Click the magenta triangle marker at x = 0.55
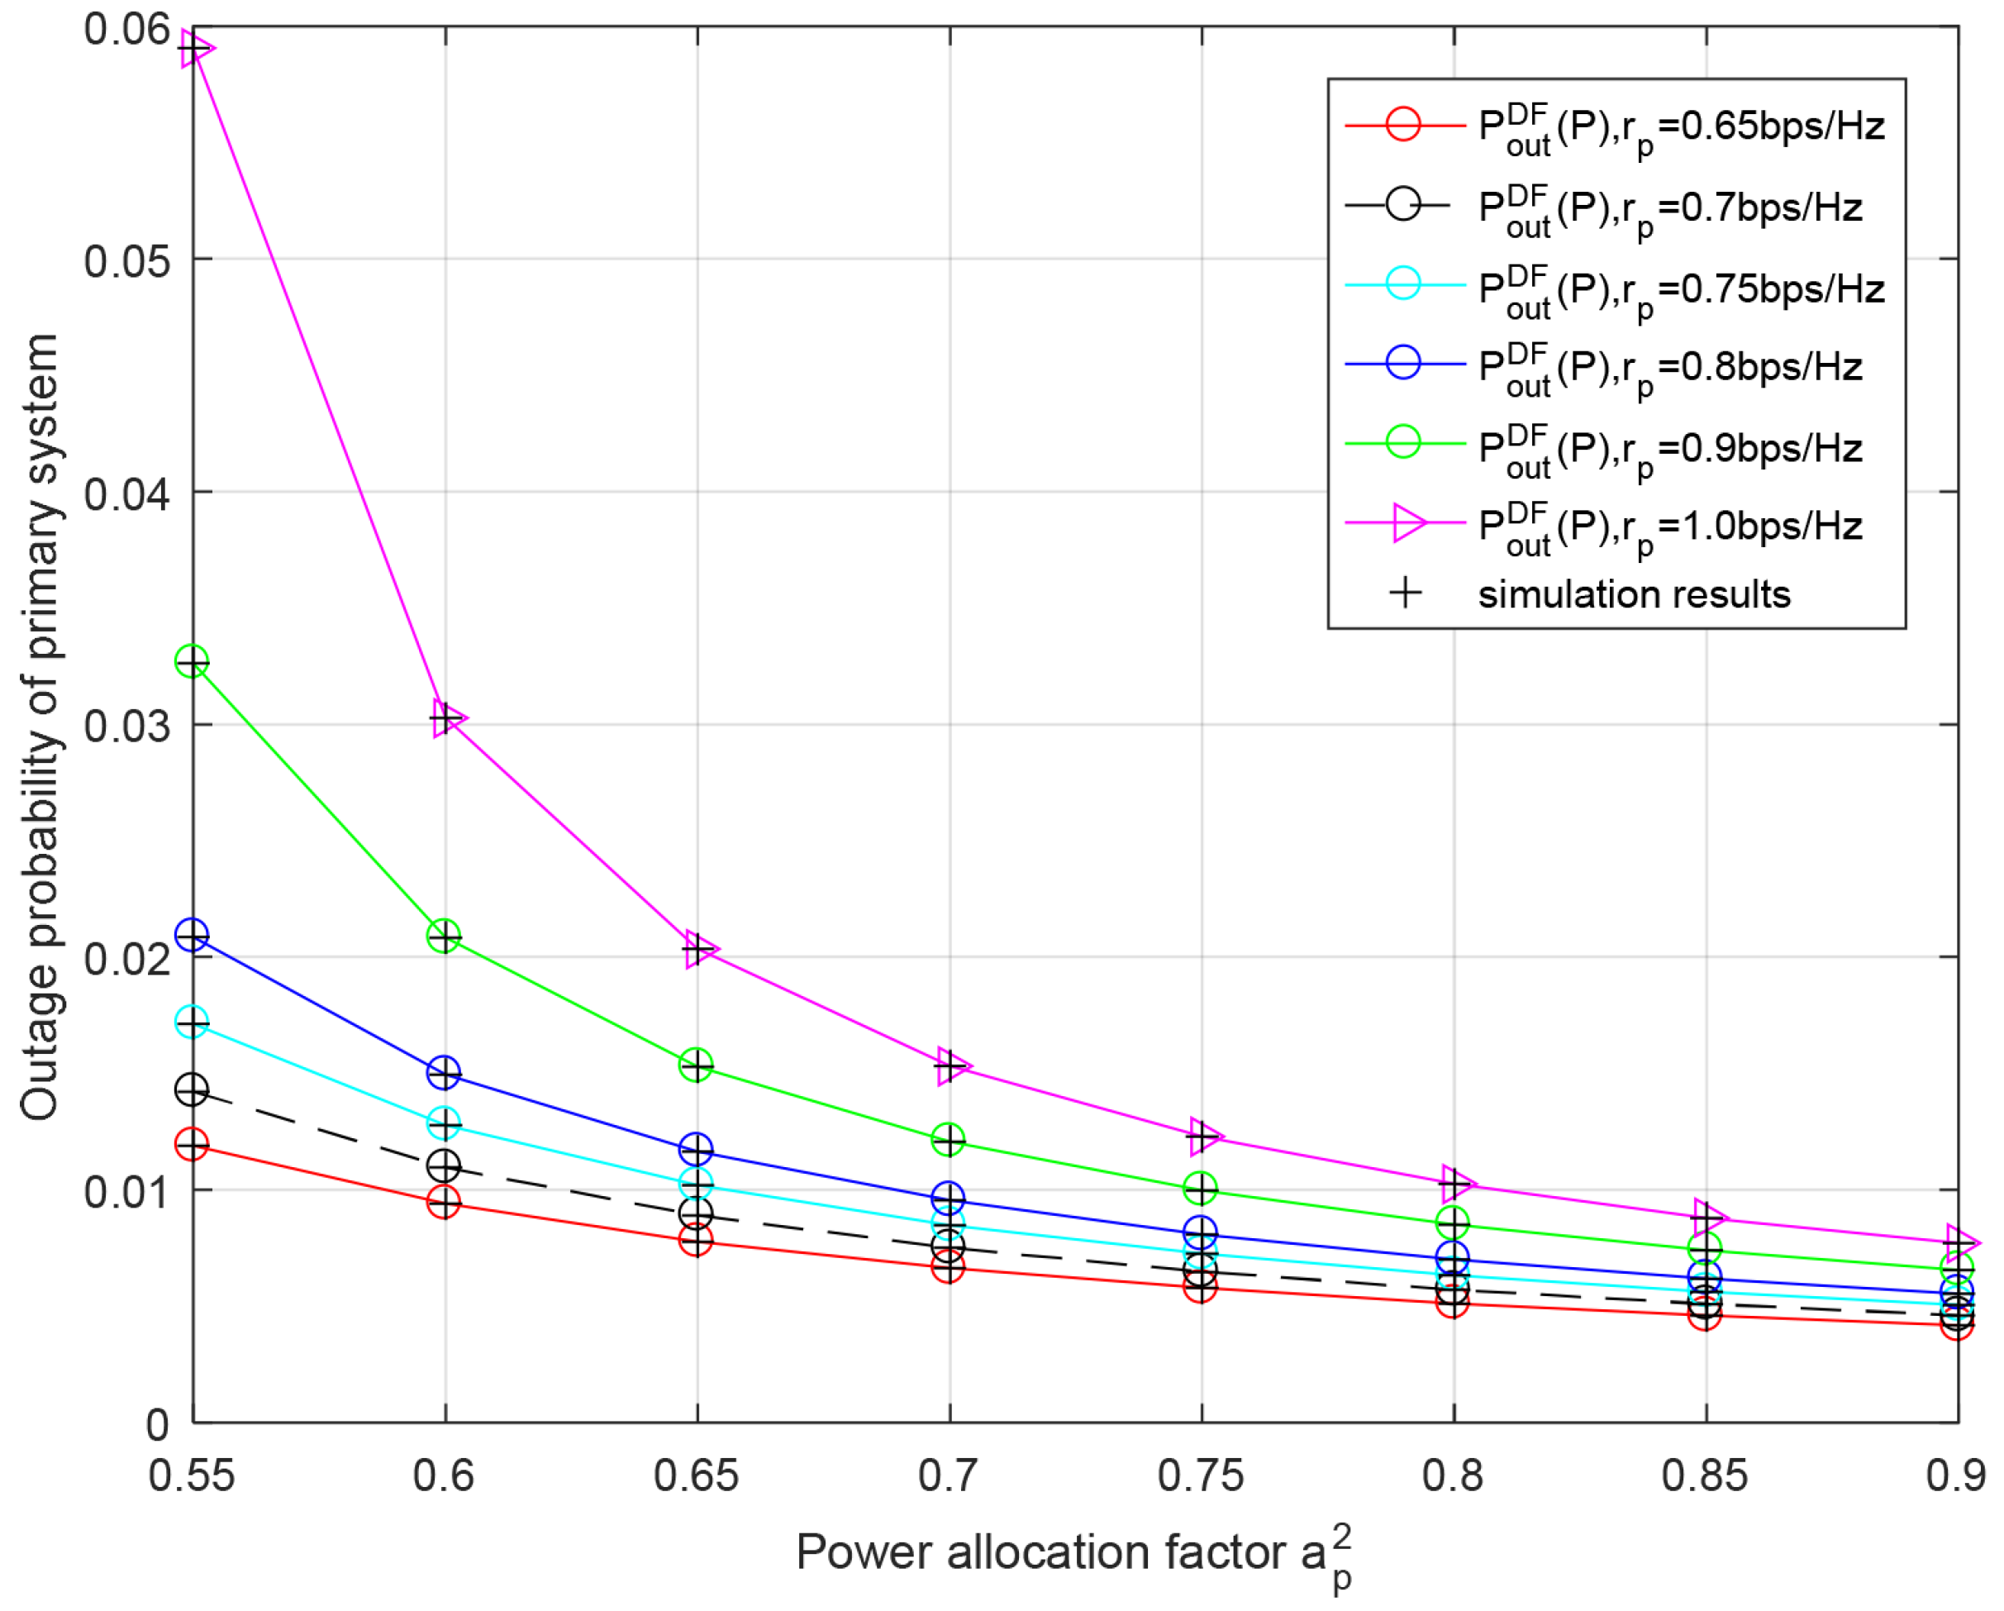click(x=194, y=47)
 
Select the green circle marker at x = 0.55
click(x=193, y=662)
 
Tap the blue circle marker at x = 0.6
click(x=445, y=1073)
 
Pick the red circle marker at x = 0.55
click(x=193, y=1144)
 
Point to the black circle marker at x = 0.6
click(x=445, y=1165)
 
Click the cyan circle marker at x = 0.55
click(x=193, y=1022)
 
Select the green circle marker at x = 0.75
click(x=1201, y=1189)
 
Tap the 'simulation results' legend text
click(x=1634, y=595)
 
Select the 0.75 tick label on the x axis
click(x=1200, y=1475)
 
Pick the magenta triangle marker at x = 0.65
click(x=700, y=949)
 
